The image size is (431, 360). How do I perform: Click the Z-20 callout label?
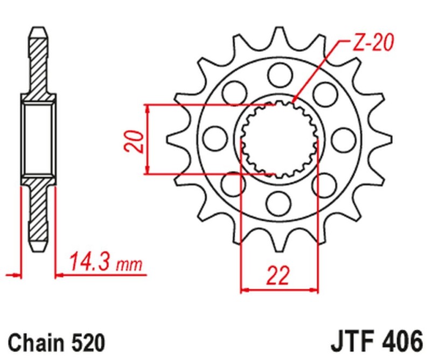[371, 43]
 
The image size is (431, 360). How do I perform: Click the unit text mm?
[129, 265]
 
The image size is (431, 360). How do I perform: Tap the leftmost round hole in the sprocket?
[214, 136]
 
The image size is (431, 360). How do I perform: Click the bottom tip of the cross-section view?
[38, 247]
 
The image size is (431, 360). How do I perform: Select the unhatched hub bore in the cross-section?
[38, 140]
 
